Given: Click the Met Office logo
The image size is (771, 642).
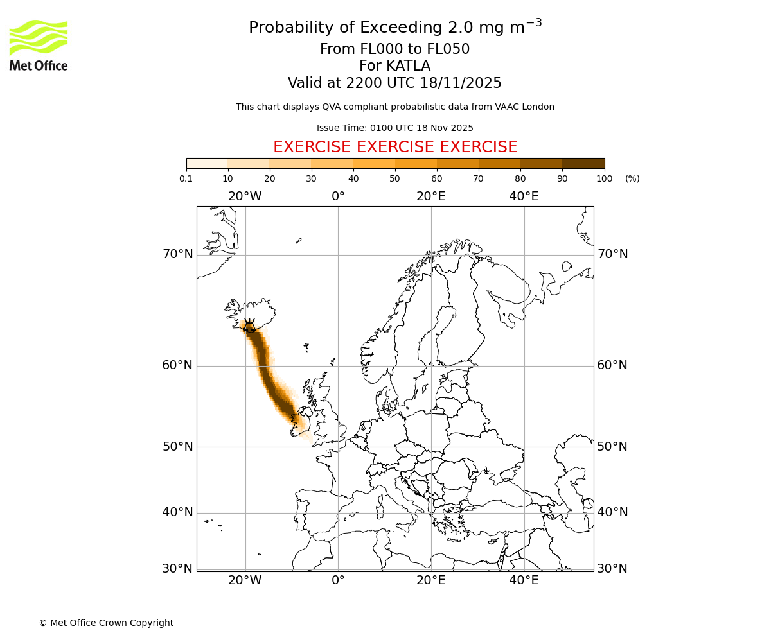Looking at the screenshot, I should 39,45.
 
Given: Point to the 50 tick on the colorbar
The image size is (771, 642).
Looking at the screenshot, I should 395,178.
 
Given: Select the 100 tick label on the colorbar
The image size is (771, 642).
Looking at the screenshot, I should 605,178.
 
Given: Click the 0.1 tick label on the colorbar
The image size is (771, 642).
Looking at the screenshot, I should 186,178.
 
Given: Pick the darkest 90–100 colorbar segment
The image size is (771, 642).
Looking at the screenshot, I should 583,163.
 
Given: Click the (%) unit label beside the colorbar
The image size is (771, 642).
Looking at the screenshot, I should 632,178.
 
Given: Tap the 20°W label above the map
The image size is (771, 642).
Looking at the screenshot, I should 245,196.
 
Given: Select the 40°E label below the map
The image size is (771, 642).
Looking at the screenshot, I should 524,580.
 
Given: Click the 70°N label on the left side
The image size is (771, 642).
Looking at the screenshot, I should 177,254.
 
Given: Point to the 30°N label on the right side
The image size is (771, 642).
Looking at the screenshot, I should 612,569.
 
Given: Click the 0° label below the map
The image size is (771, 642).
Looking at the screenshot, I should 338,580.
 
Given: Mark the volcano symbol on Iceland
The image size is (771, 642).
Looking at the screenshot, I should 249,325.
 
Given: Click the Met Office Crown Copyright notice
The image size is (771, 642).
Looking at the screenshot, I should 106,623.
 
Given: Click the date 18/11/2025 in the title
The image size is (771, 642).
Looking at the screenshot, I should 461,83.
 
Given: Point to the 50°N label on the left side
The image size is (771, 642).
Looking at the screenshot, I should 177,447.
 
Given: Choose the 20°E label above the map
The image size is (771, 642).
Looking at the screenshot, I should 430,196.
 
